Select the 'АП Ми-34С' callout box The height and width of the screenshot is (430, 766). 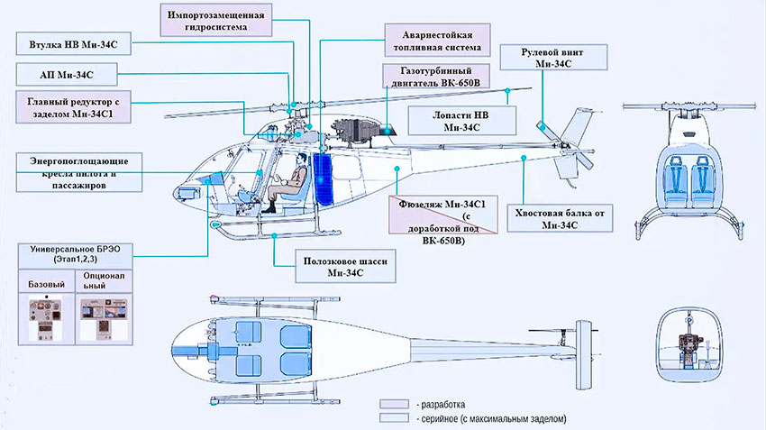[68, 74]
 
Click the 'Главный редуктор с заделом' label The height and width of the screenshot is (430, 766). [73, 109]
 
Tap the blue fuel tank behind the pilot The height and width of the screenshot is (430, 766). [322, 178]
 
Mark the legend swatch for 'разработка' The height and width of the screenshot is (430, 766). [394, 404]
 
